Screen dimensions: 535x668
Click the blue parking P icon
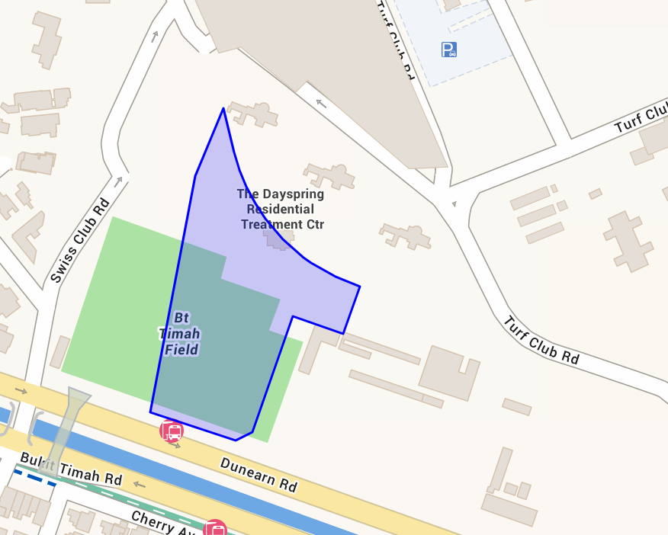point(449,50)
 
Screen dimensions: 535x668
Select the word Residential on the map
point(280,209)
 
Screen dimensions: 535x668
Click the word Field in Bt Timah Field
point(181,350)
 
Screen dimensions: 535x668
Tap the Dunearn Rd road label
point(259,474)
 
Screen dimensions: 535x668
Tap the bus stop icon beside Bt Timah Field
point(172,431)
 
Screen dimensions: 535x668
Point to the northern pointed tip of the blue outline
point(223,109)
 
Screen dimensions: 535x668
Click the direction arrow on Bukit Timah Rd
point(139,484)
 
